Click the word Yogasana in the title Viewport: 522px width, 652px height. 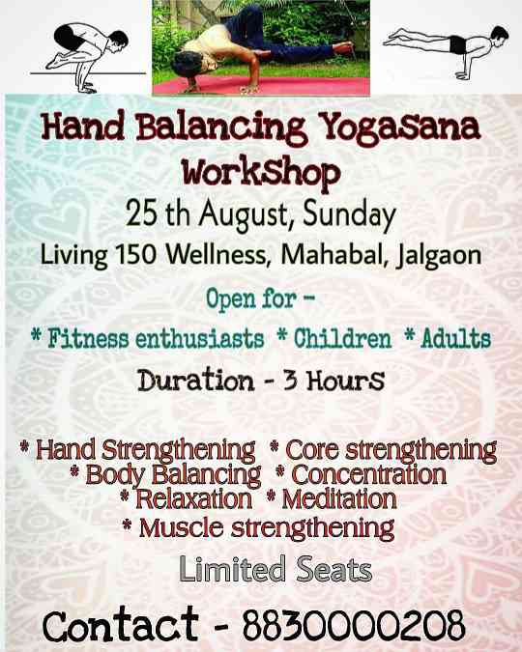(x=401, y=128)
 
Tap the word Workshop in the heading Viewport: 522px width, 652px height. (x=261, y=173)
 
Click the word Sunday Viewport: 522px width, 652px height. (x=349, y=216)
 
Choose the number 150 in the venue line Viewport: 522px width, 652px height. (x=135, y=253)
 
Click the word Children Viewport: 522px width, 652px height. (x=342, y=338)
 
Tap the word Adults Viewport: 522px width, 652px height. (x=456, y=338)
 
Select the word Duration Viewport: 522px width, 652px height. (x=196, y=380)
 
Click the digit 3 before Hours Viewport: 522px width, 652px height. (x=290, y=381)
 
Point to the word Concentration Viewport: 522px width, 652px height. (x=369, y=474)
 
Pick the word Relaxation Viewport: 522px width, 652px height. (x=193, y=499)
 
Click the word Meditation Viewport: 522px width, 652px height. (x=339, y=499)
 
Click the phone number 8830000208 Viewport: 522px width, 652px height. (x=354, y=625)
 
